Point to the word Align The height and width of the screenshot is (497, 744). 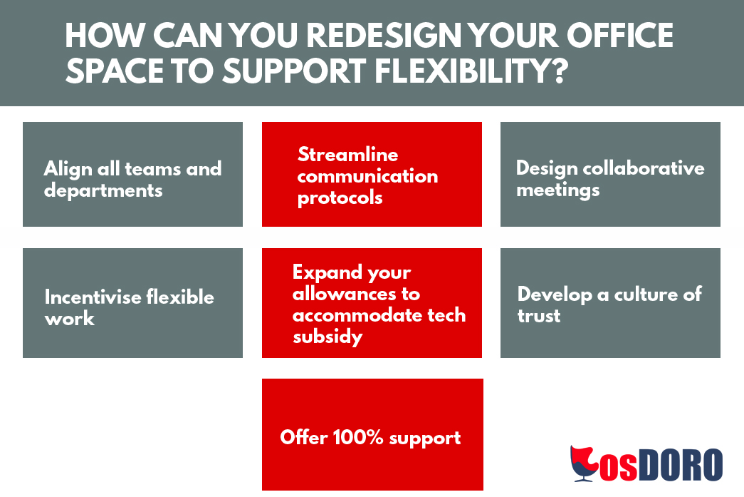click(x=68, y=170)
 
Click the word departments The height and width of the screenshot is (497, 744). click(x=103, y=191)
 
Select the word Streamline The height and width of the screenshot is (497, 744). click(x=348, y=155)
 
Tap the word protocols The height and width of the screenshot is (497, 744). click(x=340, y=198)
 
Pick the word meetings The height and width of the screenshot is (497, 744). click(x=558, y=190)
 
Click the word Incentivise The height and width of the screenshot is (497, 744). click(x=93, y=297)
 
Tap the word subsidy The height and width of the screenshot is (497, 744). click(x=328, y=337)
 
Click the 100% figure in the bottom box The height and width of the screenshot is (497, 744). click(x=358, y=437)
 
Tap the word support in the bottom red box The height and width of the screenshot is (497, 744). click(x=424, y=439)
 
